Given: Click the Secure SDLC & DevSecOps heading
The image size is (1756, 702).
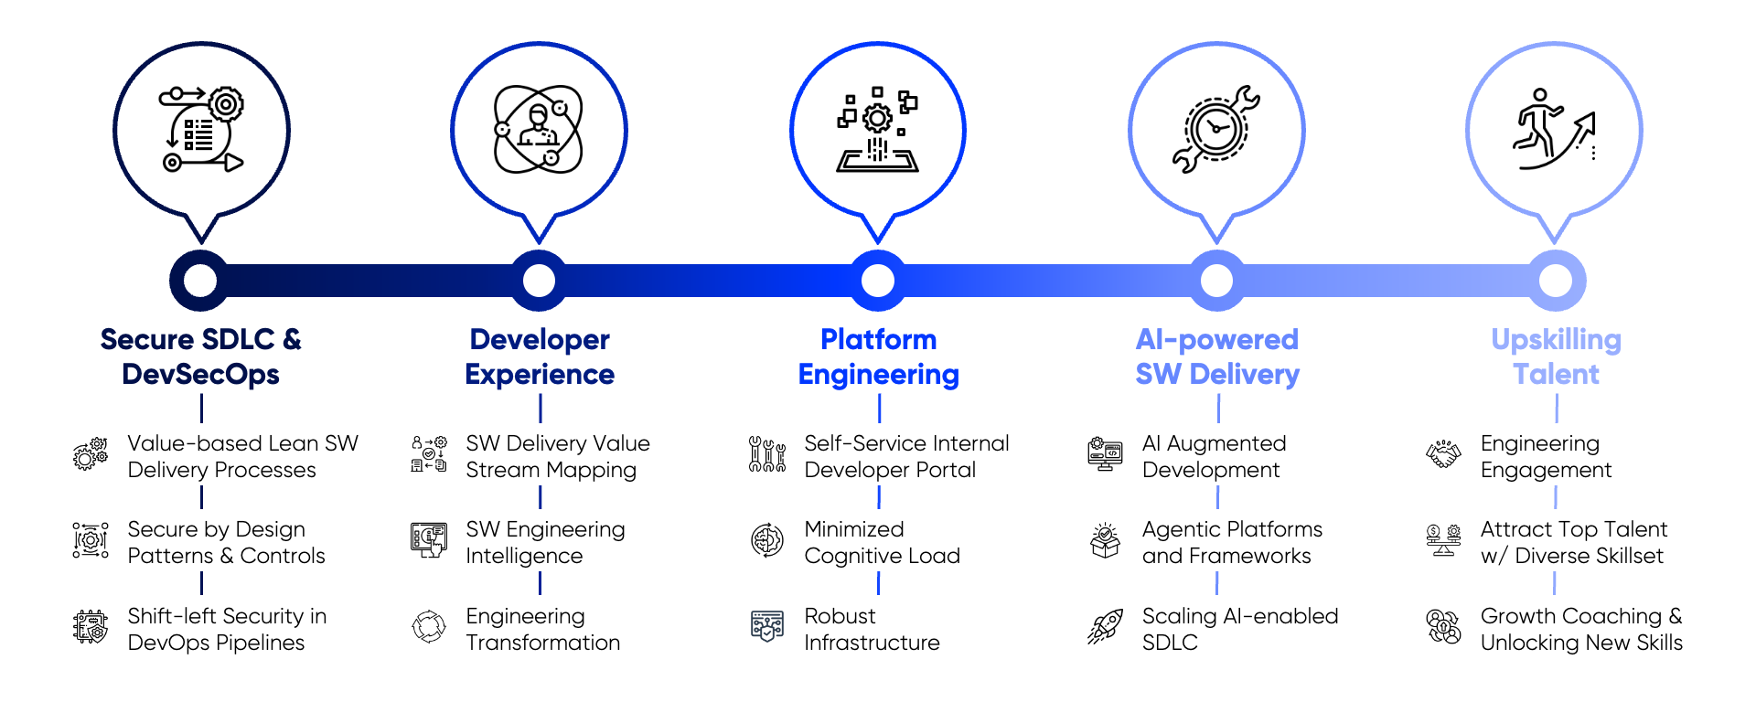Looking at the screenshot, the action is (201, 356).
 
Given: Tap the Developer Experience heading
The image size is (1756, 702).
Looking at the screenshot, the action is (540, 356).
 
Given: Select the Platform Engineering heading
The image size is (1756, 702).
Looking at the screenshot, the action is (878, 356).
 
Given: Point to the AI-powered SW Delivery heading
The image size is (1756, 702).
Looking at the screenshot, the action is (1217, 356).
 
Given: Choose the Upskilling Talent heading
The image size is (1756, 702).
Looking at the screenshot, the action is (1556, 356).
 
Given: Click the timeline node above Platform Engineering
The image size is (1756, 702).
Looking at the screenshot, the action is (878, 281).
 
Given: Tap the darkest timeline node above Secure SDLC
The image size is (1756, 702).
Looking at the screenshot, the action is (200, 281).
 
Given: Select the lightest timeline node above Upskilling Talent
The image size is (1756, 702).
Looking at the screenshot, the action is (1556, 281).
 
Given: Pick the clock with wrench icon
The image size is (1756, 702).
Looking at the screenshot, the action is (1216, 129).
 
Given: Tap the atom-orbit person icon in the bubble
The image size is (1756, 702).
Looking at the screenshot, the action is (539, 129).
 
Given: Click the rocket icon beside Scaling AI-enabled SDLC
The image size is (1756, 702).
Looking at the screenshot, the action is (1105, 627).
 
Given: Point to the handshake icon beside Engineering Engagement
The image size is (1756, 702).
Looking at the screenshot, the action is (1443, 454).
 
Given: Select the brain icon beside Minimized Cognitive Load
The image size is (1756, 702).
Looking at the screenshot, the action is (767, 540).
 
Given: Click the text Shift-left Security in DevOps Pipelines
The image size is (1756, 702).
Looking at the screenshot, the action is (227, 629).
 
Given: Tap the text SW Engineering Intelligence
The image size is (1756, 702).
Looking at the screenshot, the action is (545, 542).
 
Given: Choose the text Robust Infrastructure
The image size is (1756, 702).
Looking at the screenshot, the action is (872, 629).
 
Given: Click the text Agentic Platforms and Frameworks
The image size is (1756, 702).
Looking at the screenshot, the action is (1232, 542).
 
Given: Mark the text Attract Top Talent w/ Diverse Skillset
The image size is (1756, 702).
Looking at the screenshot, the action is (1573, 542).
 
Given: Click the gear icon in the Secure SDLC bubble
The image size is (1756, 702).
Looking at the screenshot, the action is (226, 105).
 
